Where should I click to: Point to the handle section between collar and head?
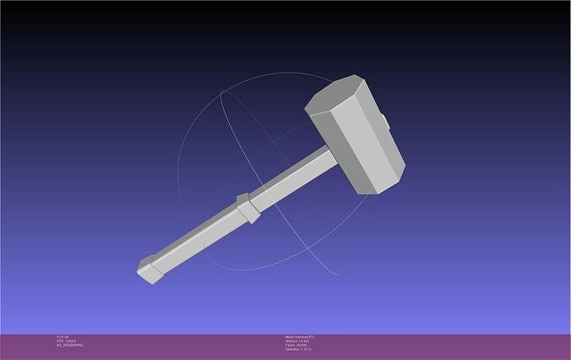291,179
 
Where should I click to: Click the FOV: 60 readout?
63,336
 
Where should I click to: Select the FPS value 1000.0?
69,341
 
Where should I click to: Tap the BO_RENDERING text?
70,345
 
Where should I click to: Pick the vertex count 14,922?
304,341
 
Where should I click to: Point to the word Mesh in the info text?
289,336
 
